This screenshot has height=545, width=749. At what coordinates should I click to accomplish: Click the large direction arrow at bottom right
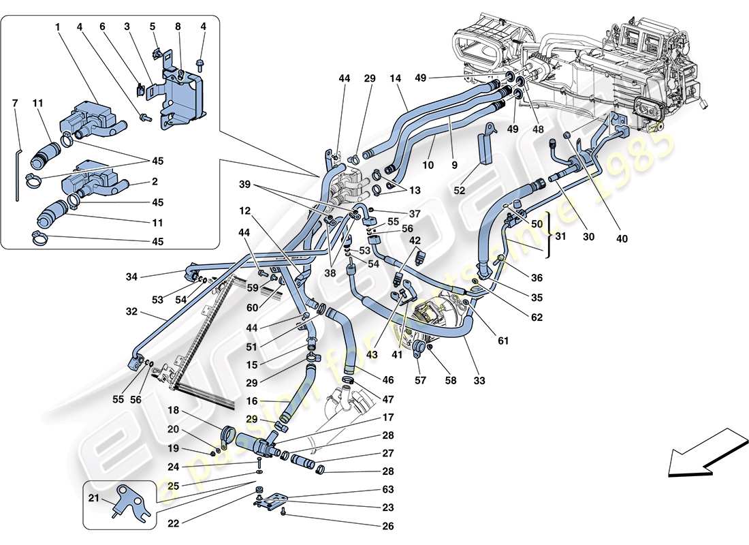[x=707, y=452]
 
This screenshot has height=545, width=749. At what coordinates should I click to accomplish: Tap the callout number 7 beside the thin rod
[x=15, y=103]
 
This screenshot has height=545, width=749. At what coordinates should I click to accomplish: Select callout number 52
[x=460, y=191]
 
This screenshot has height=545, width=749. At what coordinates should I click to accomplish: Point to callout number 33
[x=479, y=381]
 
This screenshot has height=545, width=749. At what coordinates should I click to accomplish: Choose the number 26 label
[x=388, y=526]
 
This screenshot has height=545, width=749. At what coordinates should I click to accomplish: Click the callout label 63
[x=388, y=489]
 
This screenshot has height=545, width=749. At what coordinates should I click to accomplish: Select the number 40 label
[x=622, y=239]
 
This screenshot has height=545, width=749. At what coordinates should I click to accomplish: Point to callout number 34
[x=131, y=277]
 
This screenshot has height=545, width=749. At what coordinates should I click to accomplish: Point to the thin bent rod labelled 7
[x=17, y=170]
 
